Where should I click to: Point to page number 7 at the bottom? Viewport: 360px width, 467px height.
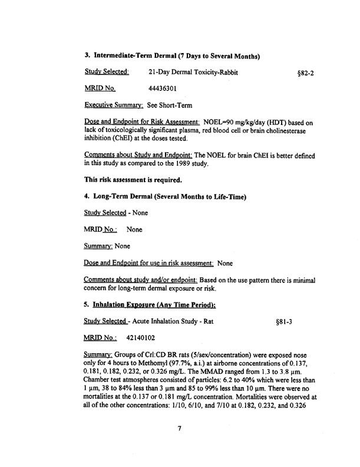pos(180,445)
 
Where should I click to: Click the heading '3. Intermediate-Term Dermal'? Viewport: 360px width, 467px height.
pos(173,56)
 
